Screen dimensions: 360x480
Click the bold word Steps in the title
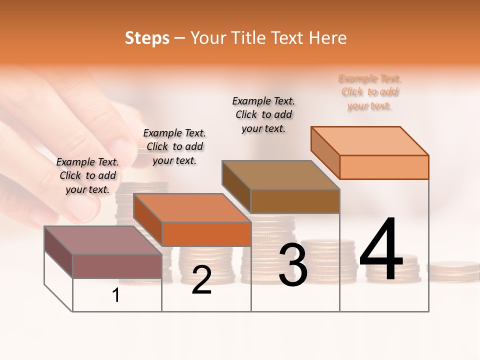[x=147, y=38]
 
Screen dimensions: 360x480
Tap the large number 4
[x=381, y=250]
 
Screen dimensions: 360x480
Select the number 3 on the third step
[x=293, y=265]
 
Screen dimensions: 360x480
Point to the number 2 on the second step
[x=201, y=280]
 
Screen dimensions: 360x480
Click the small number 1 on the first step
[x=116, y=295]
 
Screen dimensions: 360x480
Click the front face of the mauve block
[x=117, y=266]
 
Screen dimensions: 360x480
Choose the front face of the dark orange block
[x=206, y=234]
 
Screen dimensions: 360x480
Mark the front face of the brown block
[x=295, y=201]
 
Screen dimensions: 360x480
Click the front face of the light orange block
[x=384, y=167]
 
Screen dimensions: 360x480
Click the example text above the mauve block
[x=87, y=175]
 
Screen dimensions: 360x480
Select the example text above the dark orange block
[x=174, y=146]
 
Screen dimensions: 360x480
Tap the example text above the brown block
[x=263, y=114]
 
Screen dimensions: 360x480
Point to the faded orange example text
[x=370, y=92]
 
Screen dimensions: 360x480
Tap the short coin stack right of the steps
[x=454, y=271]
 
